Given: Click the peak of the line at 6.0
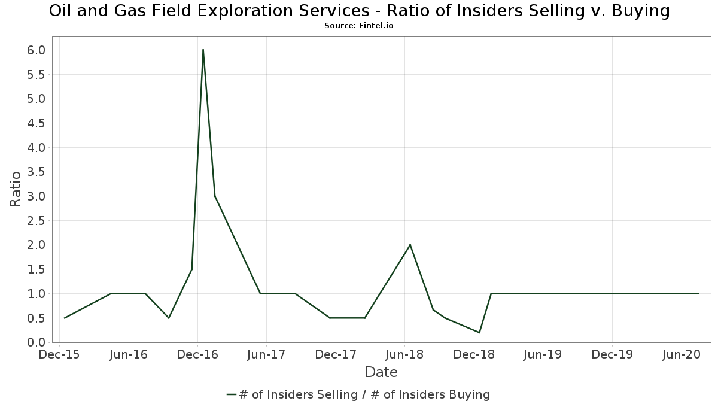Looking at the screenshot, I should pyautogui.click(x=203, y=50).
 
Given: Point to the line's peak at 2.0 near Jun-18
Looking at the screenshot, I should pyautogui.click(x=410, y=245).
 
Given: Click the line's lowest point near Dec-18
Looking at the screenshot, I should pyautogui.click(x=479, y=332).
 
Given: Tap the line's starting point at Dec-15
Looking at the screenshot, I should pyautogui.click(x=64, y=318).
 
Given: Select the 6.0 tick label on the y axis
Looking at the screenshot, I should pyautogui.click(x=36, y=50).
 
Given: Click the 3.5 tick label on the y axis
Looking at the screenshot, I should pyautogui.click(x=36, y=172).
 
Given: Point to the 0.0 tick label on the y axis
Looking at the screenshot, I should pyautogui.click(x=36, y=342).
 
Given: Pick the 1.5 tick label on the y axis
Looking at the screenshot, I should pyautogui.click(x=36, y=269).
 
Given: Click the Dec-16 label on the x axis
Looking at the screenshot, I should pyautogui.click(x=198, y=354).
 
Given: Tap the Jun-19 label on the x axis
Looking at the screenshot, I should pyautogui.click(x=542, y=354).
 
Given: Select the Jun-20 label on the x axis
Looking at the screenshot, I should pyautogui.click(x=680, y=354).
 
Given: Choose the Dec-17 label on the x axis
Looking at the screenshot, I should pyautogui.click(x=336, y=354).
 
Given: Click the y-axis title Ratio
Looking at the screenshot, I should pyautogui.click(x=16, y=189).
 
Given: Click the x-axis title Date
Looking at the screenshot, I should pyautogui.click(x=381, y=372).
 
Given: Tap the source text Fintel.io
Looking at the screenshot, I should pyautogui.click(x=376, y=26).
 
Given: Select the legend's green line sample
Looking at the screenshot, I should pyautogui.click(x=232, y=394).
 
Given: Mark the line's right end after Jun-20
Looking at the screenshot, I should pyautogui.click(x=698, y=293).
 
